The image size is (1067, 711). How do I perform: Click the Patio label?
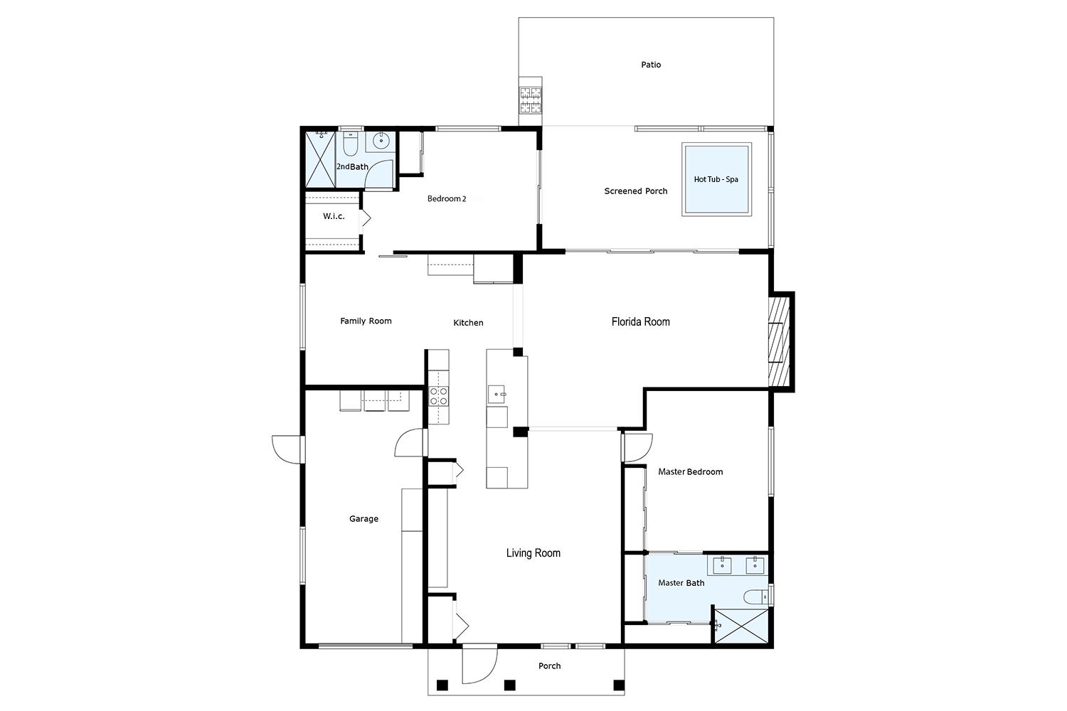point(650,65)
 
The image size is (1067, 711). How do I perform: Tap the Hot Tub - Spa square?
point(716,179)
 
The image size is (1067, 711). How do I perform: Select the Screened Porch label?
point(635,191)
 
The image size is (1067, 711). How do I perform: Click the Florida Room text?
point(640,321)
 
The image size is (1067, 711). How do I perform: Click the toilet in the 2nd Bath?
point(350,146)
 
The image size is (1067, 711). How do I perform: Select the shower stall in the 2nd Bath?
point(319,159)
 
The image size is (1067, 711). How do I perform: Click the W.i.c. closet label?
point(334,216)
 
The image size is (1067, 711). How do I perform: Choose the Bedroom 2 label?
point(446,199)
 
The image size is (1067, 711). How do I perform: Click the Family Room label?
point(366,321)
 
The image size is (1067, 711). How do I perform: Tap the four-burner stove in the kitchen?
point(439,396)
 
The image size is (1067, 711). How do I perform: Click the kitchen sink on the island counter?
point(497,392)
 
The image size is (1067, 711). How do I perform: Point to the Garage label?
point(363,519)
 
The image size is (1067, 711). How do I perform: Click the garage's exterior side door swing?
point(287,449)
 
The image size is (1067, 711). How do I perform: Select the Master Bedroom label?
point(690,471)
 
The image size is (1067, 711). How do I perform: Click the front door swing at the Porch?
point(479,664)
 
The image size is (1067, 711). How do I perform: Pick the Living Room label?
point(533,553)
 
